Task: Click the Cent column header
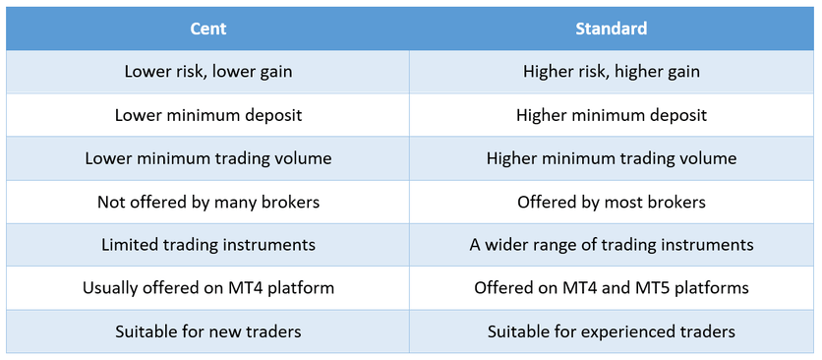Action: pos(208,29)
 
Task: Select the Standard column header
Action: pos(612,29)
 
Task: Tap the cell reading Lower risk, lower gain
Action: pos(208,72)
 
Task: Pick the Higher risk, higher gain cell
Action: pos(612,72)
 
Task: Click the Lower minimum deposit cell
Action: pos(208,114)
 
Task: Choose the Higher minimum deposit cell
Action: pos(612,114)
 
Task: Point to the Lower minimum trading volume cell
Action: pos(208,158)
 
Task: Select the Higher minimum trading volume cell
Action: pos(612,158)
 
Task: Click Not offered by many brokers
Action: pos(208,202)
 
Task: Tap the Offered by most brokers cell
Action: pos(612,202)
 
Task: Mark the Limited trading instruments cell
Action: pos(208,245)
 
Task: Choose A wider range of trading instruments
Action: pos(612,245)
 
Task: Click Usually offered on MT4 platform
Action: pos(208,288)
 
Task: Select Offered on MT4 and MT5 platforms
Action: pos(612,288)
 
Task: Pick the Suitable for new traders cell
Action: pos(208,331)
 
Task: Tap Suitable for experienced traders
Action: pos(612,331)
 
